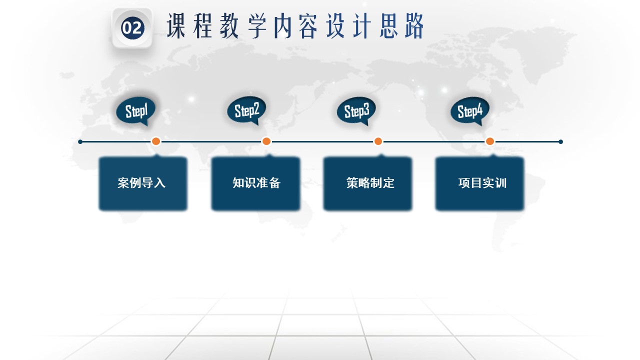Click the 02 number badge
coord(132,27)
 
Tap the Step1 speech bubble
coord(136,111)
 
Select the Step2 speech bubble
coord(246,110)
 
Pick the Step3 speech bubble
coord(356,111)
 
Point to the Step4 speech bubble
coord(470,111)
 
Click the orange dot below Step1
coord(156,141)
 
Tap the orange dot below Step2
coord(266,141)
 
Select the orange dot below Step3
coord(378,141)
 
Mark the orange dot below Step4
coord(490,141)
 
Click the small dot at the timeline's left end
coord(80,141)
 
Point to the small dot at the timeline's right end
coord(560,141)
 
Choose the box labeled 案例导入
coord(143,183)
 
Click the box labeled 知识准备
coord(255,183)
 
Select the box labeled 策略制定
coord(367,183)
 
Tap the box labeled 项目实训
coord(479,183)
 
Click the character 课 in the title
coord(176,26)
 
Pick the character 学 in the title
coord(257,26)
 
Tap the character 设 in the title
coord(335,26)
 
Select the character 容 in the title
coord(308,26)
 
